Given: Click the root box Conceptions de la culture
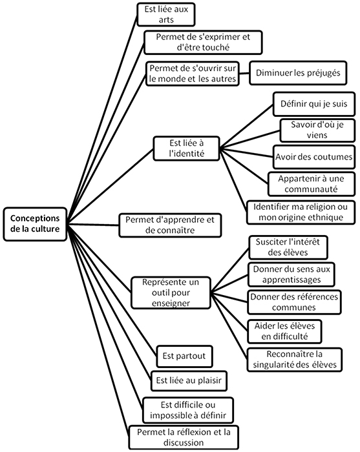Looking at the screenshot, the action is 35,224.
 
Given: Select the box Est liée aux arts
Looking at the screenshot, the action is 166,14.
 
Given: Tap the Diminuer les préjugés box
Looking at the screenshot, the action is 298,73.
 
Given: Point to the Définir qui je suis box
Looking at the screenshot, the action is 314,104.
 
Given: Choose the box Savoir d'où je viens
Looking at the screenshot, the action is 317,130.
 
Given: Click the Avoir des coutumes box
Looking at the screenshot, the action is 314,157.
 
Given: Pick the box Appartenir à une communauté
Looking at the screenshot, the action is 312,184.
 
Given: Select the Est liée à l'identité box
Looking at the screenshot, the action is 186,149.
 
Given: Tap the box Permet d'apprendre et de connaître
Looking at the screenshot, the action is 170,225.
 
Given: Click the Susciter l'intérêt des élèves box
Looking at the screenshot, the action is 288,247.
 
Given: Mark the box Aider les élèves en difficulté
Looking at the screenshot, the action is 284,331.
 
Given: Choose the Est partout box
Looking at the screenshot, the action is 184,356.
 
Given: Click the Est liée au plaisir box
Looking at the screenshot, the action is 189,381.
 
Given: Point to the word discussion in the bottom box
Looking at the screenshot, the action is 184,442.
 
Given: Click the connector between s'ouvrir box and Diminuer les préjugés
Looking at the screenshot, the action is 244,73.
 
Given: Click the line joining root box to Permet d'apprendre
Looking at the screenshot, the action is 93,225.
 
